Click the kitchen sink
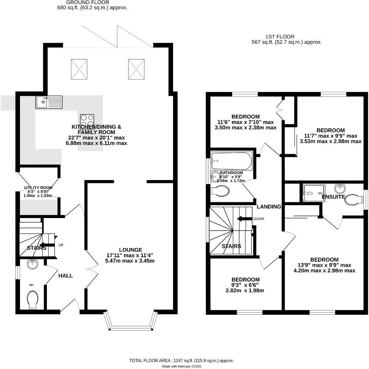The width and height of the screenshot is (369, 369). (49, 102)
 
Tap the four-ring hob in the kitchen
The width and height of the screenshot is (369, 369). (87, 121)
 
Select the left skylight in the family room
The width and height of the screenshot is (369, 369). (78, 69)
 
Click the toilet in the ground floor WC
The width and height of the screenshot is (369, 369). (33, 299)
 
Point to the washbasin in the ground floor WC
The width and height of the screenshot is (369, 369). (33, 264)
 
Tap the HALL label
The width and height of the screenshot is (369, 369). (65, 276)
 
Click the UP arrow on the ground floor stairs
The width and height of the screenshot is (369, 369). (47, 245)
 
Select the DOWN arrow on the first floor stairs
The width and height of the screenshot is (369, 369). (244, 219)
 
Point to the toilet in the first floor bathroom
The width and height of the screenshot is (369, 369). (221, 191)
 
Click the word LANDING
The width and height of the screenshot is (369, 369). (269, 207)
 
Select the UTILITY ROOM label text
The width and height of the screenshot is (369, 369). (38, 188)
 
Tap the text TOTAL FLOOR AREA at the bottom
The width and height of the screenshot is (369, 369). (150, 360)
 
